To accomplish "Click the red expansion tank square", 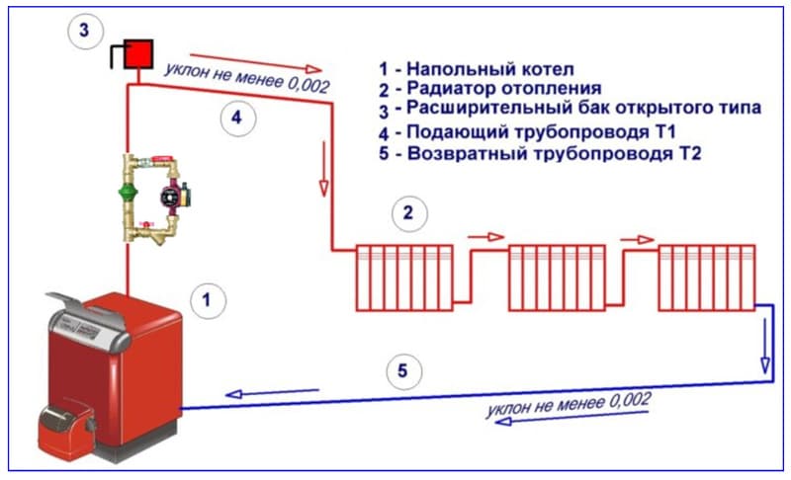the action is pyautogui.click(x=138, y=54).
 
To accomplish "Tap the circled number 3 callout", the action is pyautogui.click(x=85, y=31).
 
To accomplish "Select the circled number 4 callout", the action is pyautogui.click(x=237, y=119).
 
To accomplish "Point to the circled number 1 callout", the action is pyautogui.click(x=208, y=300).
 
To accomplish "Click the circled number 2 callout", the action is pyautogui.click(x=409, y=213).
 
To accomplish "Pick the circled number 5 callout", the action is pyautogui.click(x=403, y=371).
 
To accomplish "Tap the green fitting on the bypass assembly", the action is pyautogui.click(x=129, y=193).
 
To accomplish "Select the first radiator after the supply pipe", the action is pyautogui.click(x=404, y=278).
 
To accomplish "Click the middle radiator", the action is pyautogui.click(x=557, y=278).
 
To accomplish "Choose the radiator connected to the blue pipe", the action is pyautogui.click(x=707, y=278).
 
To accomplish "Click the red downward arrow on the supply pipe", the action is pyautogui.click(x=324, y=169).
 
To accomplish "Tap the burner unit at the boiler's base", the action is pyautogui.click(x=66, y=429).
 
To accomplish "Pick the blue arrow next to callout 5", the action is pyautogui.click(x=272, y=392).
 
